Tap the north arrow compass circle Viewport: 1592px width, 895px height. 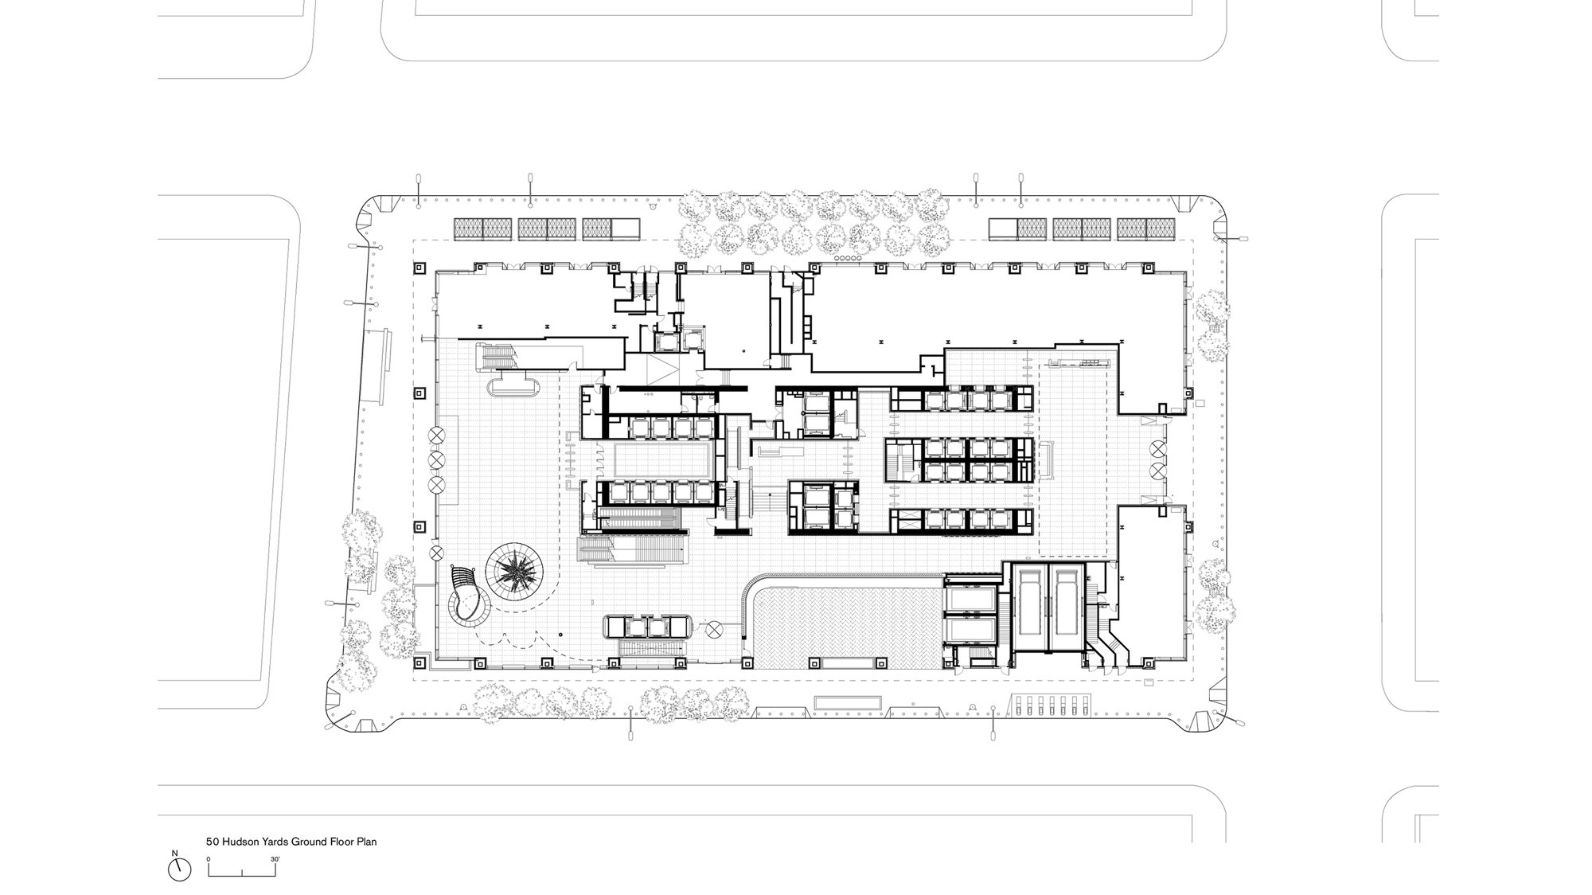180,870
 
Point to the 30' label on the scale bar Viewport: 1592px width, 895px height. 275,859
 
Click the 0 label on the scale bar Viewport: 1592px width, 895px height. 209,859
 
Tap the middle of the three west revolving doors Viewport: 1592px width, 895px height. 437,459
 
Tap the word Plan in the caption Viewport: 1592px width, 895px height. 368,841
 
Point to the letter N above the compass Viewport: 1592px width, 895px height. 175,853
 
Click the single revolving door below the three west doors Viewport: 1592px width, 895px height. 436,553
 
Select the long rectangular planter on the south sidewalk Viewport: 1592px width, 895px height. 848,704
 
